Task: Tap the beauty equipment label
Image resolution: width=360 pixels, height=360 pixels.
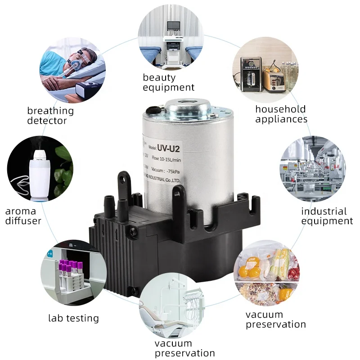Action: coord(168,82)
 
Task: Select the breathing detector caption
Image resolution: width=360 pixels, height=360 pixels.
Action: coord(50,116)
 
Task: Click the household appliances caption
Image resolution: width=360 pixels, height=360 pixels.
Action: coord(281,114)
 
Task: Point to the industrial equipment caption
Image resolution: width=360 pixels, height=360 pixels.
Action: coord(327,216)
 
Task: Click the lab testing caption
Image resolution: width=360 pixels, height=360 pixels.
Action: coord(73,318)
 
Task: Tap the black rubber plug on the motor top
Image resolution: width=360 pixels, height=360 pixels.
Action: coord(153,110)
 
